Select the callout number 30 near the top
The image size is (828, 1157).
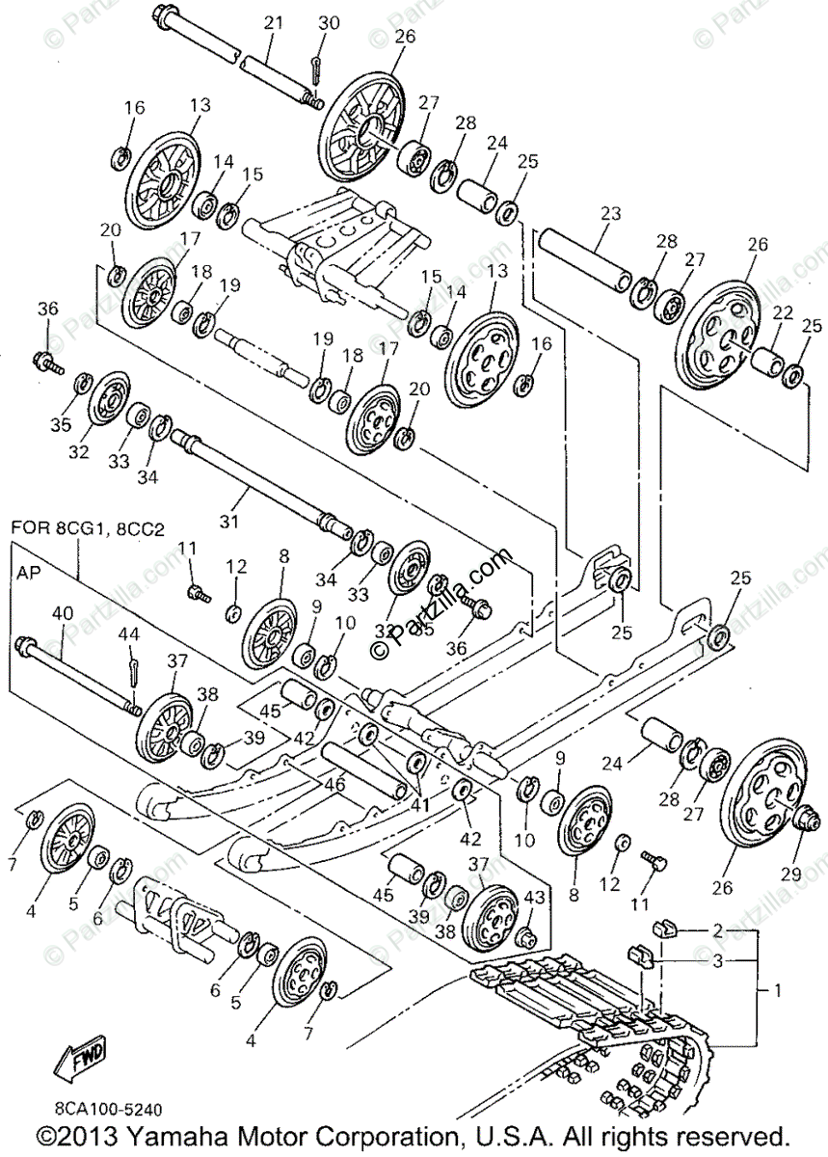(329, 22)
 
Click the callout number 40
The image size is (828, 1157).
(62, 612)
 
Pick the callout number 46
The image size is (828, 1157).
(334, 785)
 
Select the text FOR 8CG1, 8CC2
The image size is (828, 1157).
(83, 528)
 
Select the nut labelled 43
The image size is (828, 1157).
(527, 935)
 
